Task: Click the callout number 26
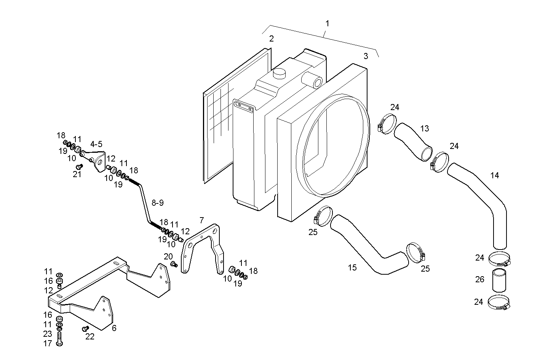479,279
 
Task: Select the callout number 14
494,175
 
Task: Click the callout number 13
425,128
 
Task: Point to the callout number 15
352,267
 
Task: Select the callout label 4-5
96,144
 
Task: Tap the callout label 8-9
157,203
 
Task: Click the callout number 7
201,220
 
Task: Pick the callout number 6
114,328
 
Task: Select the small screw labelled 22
85,328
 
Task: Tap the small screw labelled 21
79,167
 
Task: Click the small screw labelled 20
174,264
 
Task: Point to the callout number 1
327,23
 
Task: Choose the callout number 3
366,56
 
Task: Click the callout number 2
271,38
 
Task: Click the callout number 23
47,334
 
